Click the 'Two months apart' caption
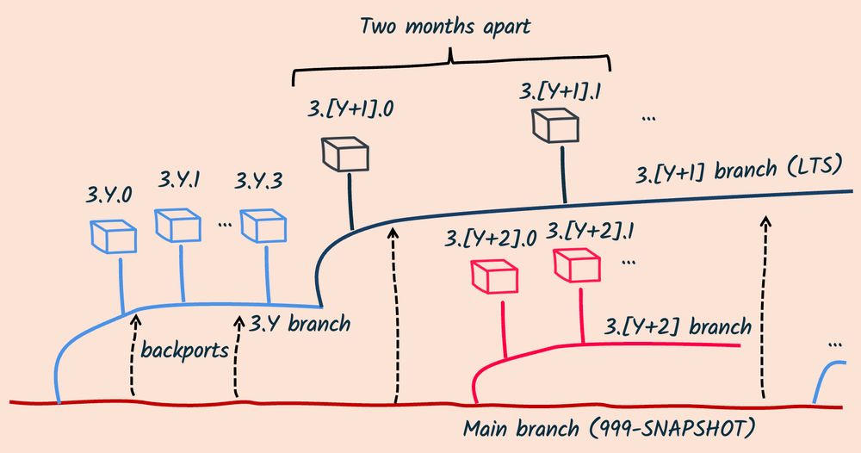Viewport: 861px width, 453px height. [x=445, y=26]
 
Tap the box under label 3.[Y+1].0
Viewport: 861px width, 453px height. [x=345, y=154]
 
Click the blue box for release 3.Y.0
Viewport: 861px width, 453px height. [x=113, y=235]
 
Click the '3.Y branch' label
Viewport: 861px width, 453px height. [x=300, y=325]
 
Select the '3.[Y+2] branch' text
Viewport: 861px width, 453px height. [x=678, y=327]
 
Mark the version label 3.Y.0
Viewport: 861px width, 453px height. [x=109, y=194]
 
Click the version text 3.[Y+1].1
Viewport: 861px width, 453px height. [x=562, y=90]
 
